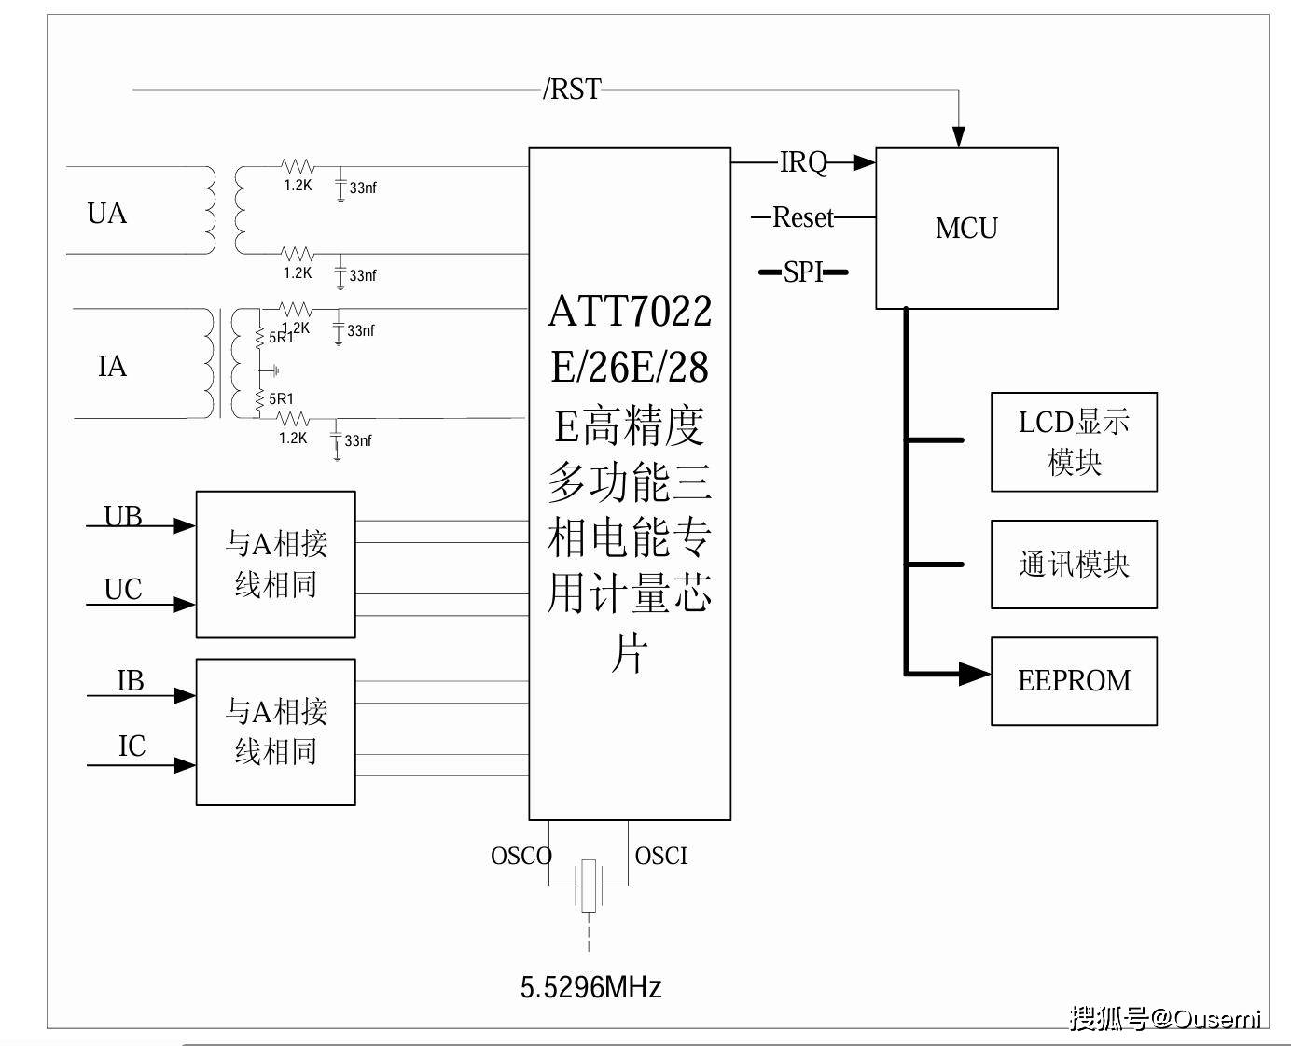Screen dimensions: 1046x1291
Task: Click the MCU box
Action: coord(966,229)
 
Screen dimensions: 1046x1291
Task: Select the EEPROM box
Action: coord(1074,681)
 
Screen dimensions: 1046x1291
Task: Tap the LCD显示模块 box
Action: coord(1074,442)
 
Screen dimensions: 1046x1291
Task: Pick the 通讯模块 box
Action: coord(1074,565)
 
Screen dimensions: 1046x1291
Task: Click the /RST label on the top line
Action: coord(572,90)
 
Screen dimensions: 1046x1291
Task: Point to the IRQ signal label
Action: coord(803,162)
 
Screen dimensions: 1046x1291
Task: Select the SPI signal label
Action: coord(803,272)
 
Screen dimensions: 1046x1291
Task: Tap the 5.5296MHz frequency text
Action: coord(590,987)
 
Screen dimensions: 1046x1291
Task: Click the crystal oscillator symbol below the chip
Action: coord(588,886)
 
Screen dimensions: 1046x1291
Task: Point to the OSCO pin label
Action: coord(521,856)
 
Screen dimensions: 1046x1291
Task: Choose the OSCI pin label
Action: coord(660,856)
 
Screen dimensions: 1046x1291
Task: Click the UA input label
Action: coord(106,214)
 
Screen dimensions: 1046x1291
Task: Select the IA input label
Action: coord(112,367)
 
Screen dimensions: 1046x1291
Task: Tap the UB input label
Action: coord(123,515)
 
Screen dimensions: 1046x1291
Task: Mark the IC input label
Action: coord(132,746)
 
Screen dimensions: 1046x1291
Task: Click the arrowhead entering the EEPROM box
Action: coord(976,673)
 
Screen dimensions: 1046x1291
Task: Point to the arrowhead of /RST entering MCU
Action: coord(958,136)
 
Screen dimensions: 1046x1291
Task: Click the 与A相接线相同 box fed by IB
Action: coord(275,732)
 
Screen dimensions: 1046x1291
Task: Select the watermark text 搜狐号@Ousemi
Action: coord(1165,1017)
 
